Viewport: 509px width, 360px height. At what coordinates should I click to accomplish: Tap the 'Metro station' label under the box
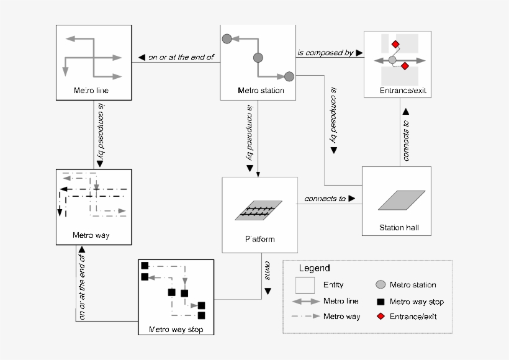(x=261, y=91)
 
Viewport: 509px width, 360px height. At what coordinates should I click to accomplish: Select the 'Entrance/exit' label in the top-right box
(x=402, y=91)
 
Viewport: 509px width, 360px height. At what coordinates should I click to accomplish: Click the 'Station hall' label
(x=399, y=228)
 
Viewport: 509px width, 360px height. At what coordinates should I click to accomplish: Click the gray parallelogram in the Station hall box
(x=402, y=200)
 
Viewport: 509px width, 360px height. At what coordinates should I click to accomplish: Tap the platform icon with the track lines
(x=259, y=210)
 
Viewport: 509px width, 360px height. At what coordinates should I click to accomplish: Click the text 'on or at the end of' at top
(x=181, y=57)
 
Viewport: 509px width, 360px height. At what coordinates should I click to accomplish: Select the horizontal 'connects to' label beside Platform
(x=325, y=199)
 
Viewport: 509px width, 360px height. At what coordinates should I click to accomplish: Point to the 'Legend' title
(x=315, y=269)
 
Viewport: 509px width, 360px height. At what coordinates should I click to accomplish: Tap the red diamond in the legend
(x=380, y=317)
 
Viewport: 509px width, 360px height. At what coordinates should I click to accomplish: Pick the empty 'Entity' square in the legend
(x=304, y=286)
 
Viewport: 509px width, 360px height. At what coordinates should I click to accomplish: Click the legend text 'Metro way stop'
(x=417, y=302)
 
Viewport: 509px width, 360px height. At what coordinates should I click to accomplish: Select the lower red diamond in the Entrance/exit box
(x=405, y=66)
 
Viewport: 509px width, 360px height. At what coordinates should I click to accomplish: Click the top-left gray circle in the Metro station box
(x=227, y=38)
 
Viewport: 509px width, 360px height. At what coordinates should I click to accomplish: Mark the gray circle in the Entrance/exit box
(x=392, y=60)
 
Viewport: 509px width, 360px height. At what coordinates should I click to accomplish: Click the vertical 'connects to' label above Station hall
(x=405, y=140)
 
